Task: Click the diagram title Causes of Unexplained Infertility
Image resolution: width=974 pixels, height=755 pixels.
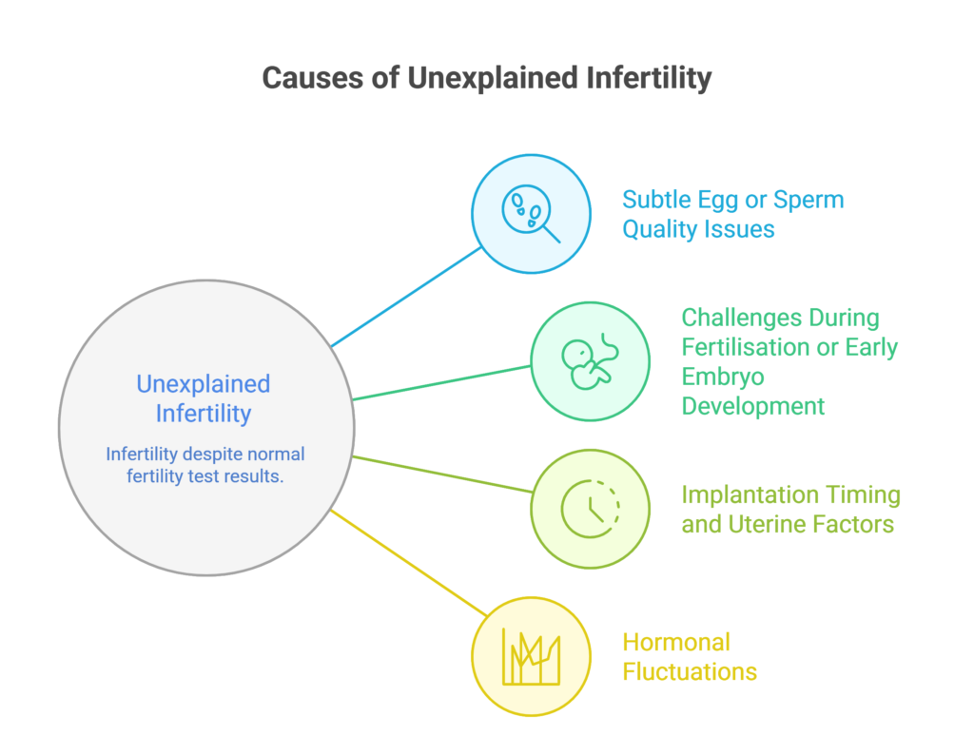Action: [486, 77]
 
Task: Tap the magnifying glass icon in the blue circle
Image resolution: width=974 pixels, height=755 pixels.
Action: [532, 215]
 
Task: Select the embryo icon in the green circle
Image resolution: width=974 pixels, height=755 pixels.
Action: [589, 362]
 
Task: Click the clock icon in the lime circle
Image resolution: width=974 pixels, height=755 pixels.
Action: [590, 509]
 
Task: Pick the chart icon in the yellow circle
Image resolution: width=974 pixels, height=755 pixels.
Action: [532, 656]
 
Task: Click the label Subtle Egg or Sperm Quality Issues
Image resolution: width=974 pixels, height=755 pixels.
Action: [733, 214]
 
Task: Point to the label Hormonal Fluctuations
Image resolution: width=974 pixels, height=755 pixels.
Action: [690, 656]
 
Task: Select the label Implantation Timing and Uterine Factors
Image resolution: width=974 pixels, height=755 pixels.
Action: [790, 509]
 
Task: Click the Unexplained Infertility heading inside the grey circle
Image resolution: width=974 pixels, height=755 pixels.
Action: [204, 398]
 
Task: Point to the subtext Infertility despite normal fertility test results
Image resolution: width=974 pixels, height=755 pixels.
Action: [205, 465]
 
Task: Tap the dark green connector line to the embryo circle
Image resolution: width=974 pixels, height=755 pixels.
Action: [441, 382]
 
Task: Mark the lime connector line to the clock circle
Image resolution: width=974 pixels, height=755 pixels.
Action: [441, 474]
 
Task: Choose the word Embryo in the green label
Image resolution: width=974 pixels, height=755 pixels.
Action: [724, 377]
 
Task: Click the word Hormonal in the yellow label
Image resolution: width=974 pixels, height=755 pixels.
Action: [676, 642]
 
